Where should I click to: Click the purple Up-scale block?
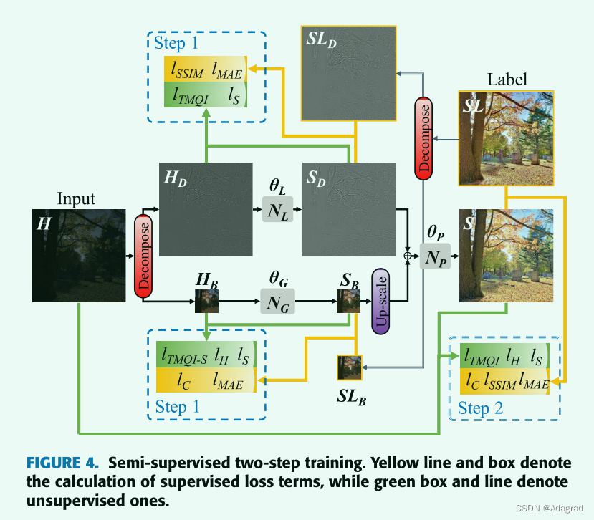click(380, 301)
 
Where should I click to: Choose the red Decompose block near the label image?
click(423, 137)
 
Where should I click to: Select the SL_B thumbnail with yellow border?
click(349, 367)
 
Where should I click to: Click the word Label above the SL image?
click(507, 80)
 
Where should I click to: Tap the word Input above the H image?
click(76, 199)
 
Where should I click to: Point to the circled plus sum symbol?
click(408, 254)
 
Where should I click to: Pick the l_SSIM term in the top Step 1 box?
click(188, 72)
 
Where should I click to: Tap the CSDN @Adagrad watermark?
click(552, 507)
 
